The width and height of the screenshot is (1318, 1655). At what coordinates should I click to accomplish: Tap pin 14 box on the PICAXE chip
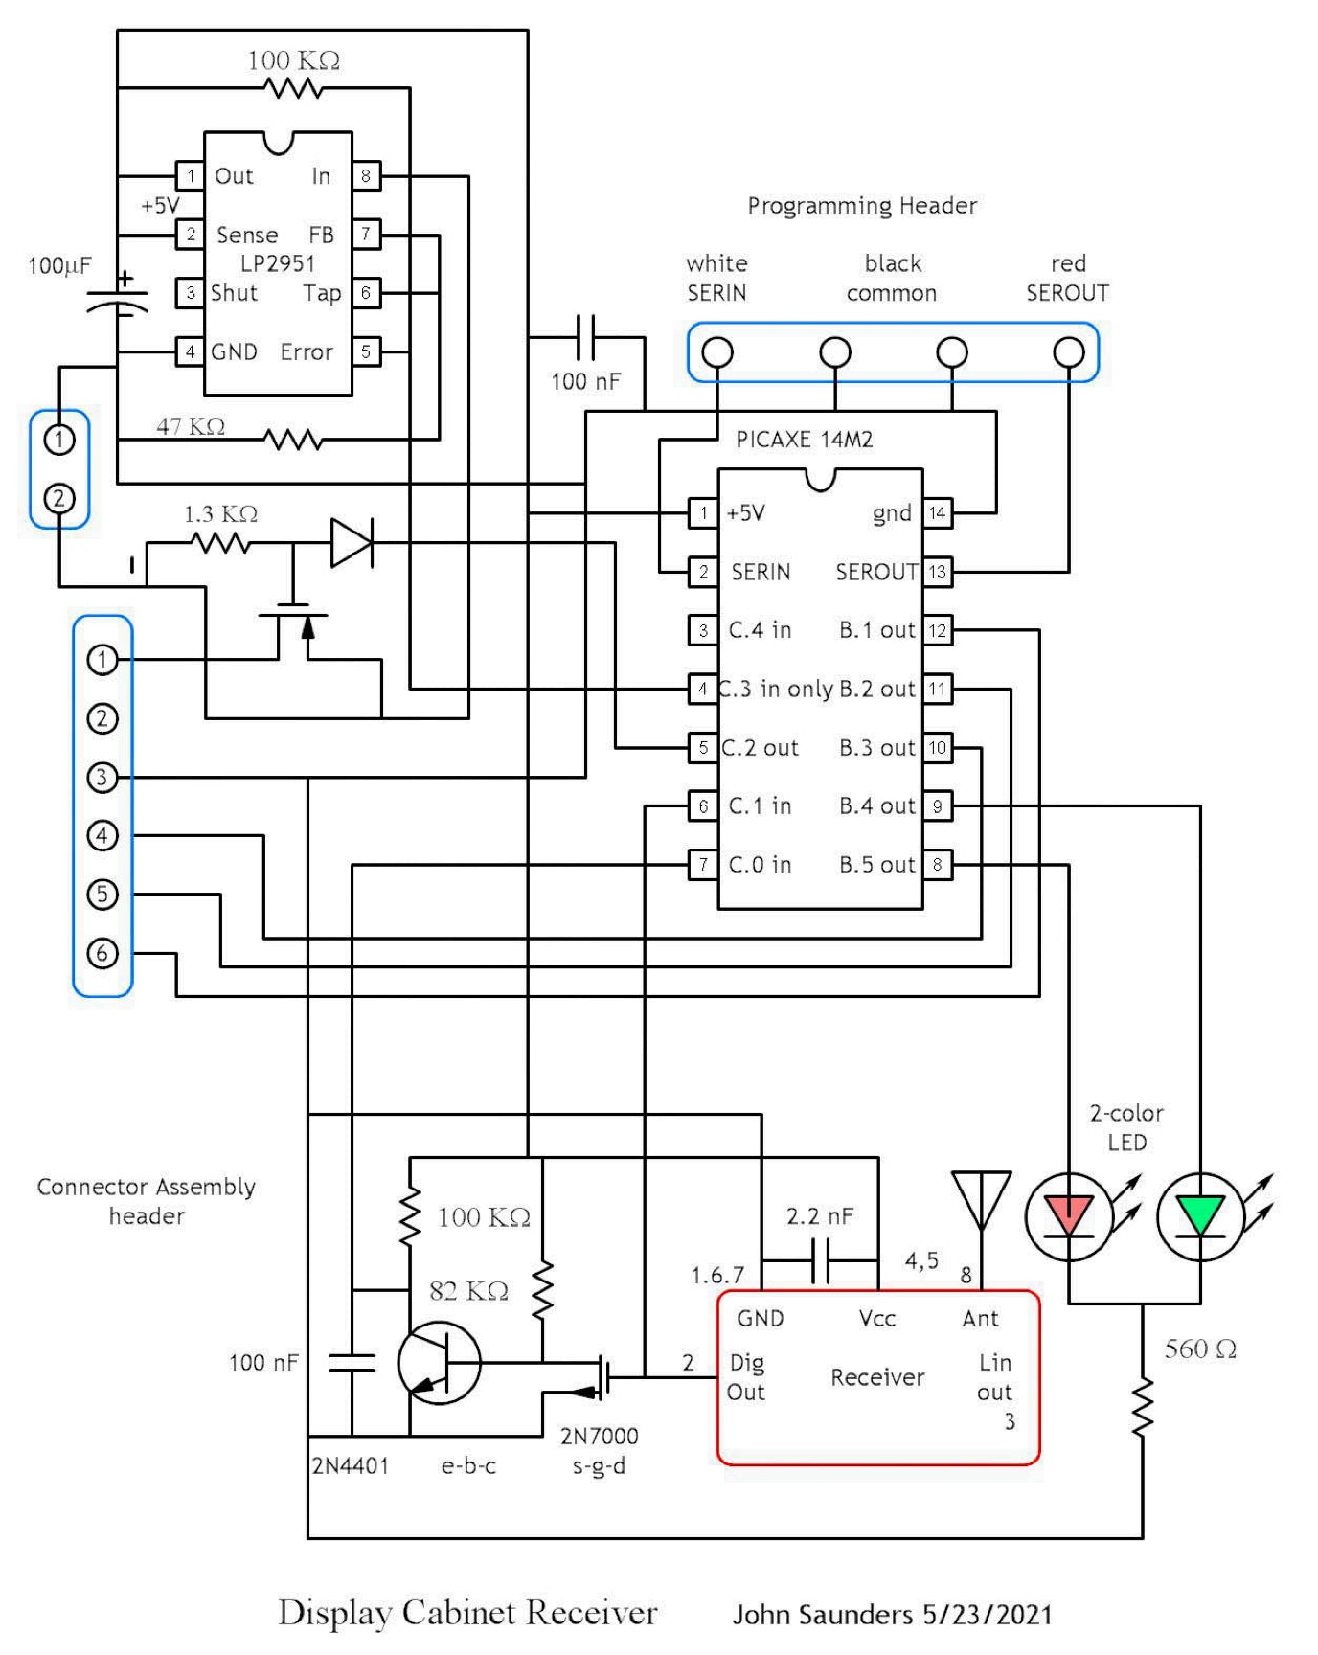tap(937, 513)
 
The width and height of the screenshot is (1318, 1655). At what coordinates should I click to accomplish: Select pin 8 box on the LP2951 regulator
tap(366, 176)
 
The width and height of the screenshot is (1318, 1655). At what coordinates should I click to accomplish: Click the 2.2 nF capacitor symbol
tap(820, 1260)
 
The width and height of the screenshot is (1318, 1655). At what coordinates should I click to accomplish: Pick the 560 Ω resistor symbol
tap(1142, 1407)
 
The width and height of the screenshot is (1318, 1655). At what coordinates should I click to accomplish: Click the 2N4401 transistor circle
tap(439, 1363)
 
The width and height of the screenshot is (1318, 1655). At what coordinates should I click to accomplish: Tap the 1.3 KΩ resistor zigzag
tap(220, 544)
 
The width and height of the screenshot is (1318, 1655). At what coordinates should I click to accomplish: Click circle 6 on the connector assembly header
tap(102, 953)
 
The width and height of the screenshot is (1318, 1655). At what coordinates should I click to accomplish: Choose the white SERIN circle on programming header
tap(717, 352)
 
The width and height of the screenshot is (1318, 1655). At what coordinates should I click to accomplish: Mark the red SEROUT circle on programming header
tap(1069, 352)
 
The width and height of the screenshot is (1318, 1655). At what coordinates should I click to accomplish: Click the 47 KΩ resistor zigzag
tap(293, 440)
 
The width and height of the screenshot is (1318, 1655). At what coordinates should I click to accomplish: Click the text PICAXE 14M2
tap(804, 440)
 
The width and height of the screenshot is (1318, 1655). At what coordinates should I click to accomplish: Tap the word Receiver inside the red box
tap(877, 1377)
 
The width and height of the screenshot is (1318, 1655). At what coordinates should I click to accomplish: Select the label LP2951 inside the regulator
tap(278, 263)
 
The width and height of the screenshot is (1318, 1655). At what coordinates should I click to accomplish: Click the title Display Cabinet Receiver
tap(467, 1613)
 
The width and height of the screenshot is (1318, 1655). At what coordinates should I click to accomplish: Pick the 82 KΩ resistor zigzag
tap(542, 1289)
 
